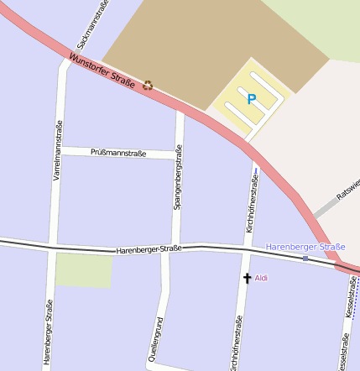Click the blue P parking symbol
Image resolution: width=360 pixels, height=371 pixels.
click(251, 99)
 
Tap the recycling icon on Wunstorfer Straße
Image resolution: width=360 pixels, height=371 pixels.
click(149, 84)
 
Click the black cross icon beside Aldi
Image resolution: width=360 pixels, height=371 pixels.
click(247, 277)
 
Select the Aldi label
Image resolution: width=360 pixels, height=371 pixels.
click(262, 277)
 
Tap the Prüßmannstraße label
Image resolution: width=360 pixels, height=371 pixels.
click(118, 154)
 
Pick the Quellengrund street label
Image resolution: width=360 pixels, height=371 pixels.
click(156, 338)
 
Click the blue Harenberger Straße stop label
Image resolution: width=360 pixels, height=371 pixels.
click(305, 247)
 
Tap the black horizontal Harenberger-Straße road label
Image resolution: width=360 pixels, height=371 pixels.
click(149, 249)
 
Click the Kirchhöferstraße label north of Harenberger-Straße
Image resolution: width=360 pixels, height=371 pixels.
click(250, 206)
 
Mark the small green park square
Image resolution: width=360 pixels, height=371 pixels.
click(84, 269)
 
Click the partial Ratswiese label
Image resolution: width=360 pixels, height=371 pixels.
click(347, 189)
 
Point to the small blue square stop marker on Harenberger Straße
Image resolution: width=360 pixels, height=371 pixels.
click(305, 259)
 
